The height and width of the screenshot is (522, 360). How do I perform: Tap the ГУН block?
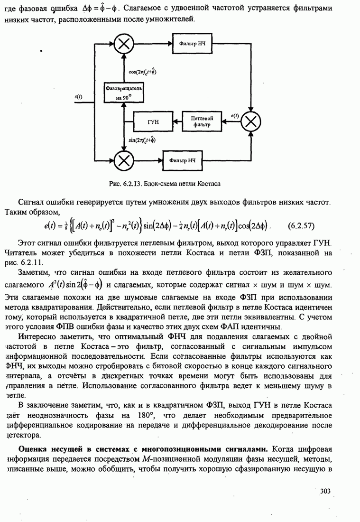(153, 122)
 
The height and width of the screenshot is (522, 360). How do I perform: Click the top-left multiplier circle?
(123, 44)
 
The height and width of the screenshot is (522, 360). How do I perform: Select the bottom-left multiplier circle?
(123, 160)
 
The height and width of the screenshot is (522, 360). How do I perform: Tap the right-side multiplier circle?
(251, 122)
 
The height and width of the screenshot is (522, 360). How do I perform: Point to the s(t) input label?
(79, 97)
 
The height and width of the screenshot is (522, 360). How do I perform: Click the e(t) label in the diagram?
(234, 115)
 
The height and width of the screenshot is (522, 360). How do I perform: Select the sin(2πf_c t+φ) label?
(142, 140)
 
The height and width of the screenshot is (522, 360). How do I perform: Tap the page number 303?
(324, 491)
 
